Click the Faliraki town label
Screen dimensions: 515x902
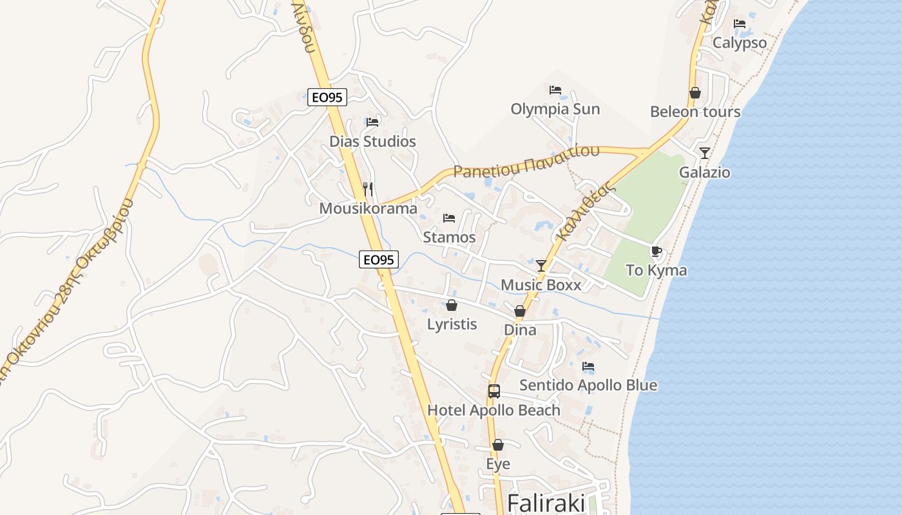(x=546, y=503)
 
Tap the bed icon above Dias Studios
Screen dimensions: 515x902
(x=372, y=122)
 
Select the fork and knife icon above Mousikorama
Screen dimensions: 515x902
(x=368, y=189)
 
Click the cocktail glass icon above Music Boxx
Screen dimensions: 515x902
(x=541, y=265)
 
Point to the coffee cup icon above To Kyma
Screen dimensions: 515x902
(x=657, y=251)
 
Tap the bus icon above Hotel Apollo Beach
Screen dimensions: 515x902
(x=494, y=391)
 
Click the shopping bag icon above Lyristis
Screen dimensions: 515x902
(x=452, y=304)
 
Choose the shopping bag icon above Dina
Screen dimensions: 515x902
(x=520, y=311)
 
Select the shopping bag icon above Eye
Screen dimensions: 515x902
(x=498, y=445)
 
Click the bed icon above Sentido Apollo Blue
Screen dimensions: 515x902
(x=588, y=366)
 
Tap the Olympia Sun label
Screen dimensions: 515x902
(x=555, y=109)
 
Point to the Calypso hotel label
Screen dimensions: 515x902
(x=740, y=43)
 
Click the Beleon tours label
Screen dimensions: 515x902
(x=695, y=111)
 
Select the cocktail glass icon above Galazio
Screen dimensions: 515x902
(x=705, y=153)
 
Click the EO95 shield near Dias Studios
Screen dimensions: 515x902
(x=327, y=97)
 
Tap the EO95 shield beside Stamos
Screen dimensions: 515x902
(x=379, y=259)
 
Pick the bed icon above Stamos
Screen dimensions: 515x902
(x=449, y=218)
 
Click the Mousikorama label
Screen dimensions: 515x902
(x=369, y=209)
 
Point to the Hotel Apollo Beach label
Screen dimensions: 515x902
(x=494, y=410)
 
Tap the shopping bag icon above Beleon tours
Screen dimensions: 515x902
(x=695, y=93)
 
